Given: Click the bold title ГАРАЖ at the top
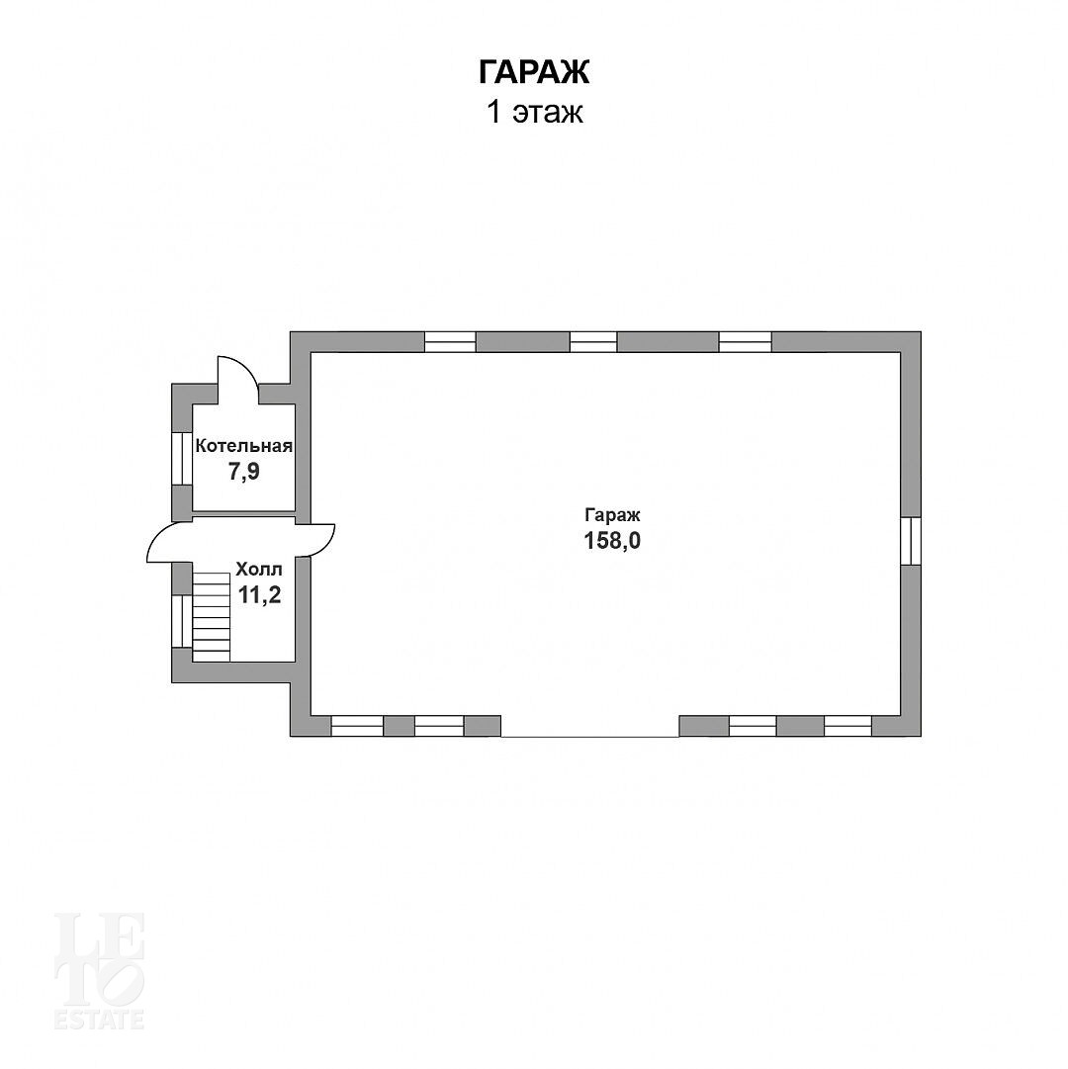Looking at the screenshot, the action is pyautogui.click(x=534, y=71).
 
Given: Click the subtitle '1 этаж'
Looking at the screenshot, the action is pyautogui.click(x=534, y=113).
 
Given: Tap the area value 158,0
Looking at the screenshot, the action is pyautogui.click(x=612, y=541).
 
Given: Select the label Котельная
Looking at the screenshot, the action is pyautogui.click(x=244, y=447).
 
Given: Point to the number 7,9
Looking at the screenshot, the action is pyautogui.click(x=244, y=471).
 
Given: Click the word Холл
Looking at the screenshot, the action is pyautogui.click(x=258, y=570).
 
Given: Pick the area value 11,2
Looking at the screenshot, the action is pyautogui.click(x=259, y=595).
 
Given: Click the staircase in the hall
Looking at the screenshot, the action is pyautogui.click(x=212, y=617).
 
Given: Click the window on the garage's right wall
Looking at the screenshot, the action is pyautogui.click(x=911, y=541).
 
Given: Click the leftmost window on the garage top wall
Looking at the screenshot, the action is pyautogui.click(x=451, y=341).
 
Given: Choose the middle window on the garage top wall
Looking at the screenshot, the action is pyautogui.click(x=593, y=341).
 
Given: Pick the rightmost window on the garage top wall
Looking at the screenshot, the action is pyautogui.click(x=745, y=341).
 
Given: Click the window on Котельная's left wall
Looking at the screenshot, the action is pyautogui.click(x=181, y=459).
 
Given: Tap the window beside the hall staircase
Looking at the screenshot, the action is pyautogui.click(x=181, y=621).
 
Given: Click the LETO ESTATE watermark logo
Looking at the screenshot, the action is pyautogui.click(x=100, y=971).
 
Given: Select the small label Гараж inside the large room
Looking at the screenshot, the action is pyautogui.click(x=612, y=515).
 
